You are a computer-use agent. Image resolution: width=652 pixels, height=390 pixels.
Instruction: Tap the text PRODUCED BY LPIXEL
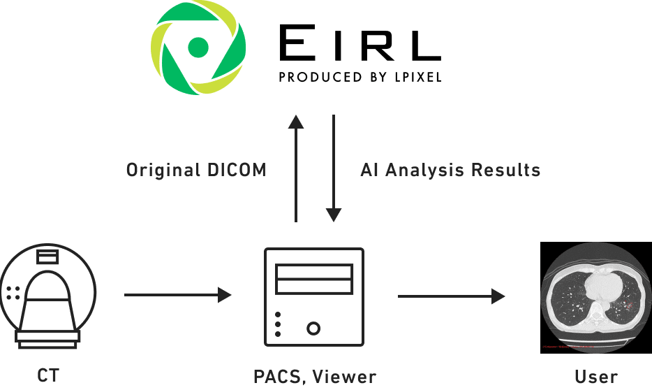(x=359, y=76)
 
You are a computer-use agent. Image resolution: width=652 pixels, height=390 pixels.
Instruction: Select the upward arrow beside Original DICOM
(x=296, y=168)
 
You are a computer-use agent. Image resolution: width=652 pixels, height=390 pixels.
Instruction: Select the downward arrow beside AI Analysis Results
(x=334, y=168)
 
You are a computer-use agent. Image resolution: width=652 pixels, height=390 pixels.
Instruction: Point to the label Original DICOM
(x=196, y=170)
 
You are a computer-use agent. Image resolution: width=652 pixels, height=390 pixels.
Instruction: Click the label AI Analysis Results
(x=450, y=170)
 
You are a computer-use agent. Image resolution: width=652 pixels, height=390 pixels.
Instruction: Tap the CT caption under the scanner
(x=47, y=377)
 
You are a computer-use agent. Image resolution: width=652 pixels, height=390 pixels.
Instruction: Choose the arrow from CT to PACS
(x=178, y=295)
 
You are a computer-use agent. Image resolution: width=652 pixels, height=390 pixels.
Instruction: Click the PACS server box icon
(x=313, y=296)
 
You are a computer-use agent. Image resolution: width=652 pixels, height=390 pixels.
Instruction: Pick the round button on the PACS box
(x=313, y=327)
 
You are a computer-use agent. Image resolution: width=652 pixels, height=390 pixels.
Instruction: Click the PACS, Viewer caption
(x=314, y=377)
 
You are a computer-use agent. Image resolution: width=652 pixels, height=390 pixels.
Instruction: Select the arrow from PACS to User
(x=451, y=296)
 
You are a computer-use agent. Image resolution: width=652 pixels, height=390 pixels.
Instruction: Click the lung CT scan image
(x=595, y=296)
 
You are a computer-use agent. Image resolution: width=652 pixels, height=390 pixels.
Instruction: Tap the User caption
(x=595, y=377)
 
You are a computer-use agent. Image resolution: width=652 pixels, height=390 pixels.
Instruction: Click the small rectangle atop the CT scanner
(x=48, y=257)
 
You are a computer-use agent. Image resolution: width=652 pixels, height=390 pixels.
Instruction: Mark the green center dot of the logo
(x=199, y=48)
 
